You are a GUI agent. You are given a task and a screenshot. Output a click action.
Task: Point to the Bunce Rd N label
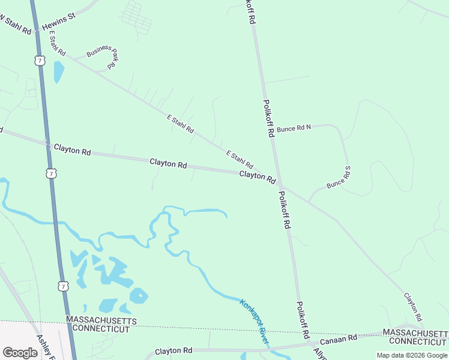pyautogui.click(x=294, y=127)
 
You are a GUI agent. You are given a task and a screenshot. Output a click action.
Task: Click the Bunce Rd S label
pyautogui.click(x=339, y=179)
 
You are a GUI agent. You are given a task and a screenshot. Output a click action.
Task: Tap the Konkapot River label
pyautogui.click(x=254, y=322)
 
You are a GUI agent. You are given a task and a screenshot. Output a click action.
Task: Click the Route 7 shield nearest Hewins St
pyautogui.click(x=40, y=61)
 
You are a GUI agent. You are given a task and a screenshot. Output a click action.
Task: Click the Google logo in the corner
pyautogui.click(x=20, y=353)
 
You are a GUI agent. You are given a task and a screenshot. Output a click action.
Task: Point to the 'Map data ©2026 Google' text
pyautogui.click(x=411, y=355)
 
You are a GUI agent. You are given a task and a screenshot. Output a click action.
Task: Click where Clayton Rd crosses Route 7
pyautogui.click(x=47, y=144)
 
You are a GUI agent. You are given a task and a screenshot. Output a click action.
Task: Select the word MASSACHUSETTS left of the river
pyautogui.click(x=101, y=320)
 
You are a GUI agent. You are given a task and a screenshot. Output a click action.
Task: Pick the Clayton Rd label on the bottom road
pyautogui.click(x=173, y=350)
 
